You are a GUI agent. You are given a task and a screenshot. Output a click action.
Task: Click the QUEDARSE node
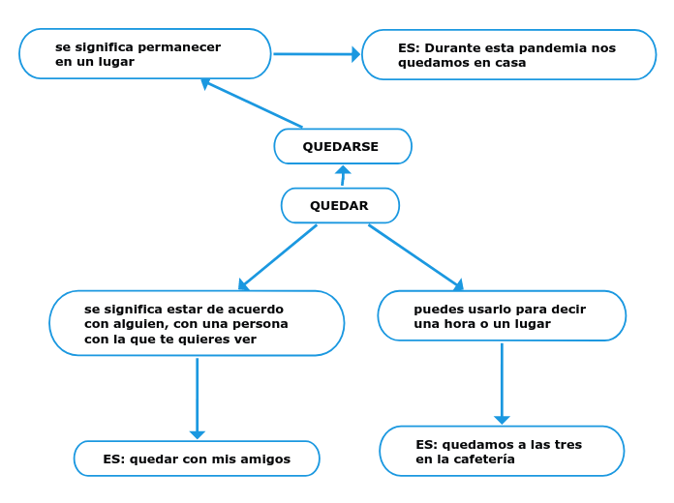pyautogui.click(x=343, y=147)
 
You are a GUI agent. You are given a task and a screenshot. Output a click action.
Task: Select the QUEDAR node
pyautogui.click(x=340, y=206)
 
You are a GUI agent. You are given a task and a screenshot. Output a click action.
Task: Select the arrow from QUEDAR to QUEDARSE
pyautogui.click(x=343, y=176)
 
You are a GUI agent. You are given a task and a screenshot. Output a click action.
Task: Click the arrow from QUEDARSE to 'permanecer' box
pyautogui.click(x=252, y=104)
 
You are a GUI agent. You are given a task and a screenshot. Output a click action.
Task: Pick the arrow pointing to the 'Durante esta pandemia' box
pyautogui.click(x=316, y=54)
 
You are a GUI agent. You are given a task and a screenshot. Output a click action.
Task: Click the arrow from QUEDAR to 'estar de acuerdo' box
pyautogui.click(x=278, y=256)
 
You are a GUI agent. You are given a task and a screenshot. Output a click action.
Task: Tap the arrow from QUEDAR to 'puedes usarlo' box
pyautogui.click(x=415, y=256)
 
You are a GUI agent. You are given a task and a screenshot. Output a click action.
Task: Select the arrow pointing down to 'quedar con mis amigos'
pyautogui.click(x=198, y=397)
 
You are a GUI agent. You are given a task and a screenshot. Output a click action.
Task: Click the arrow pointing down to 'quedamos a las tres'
pyautogui.click(x=502, y=383)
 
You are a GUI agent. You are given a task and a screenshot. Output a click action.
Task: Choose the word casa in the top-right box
pyautogui.click(x=509, y=63)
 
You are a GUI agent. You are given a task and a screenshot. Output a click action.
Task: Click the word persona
pyautogui.click(x=261, y=324)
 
